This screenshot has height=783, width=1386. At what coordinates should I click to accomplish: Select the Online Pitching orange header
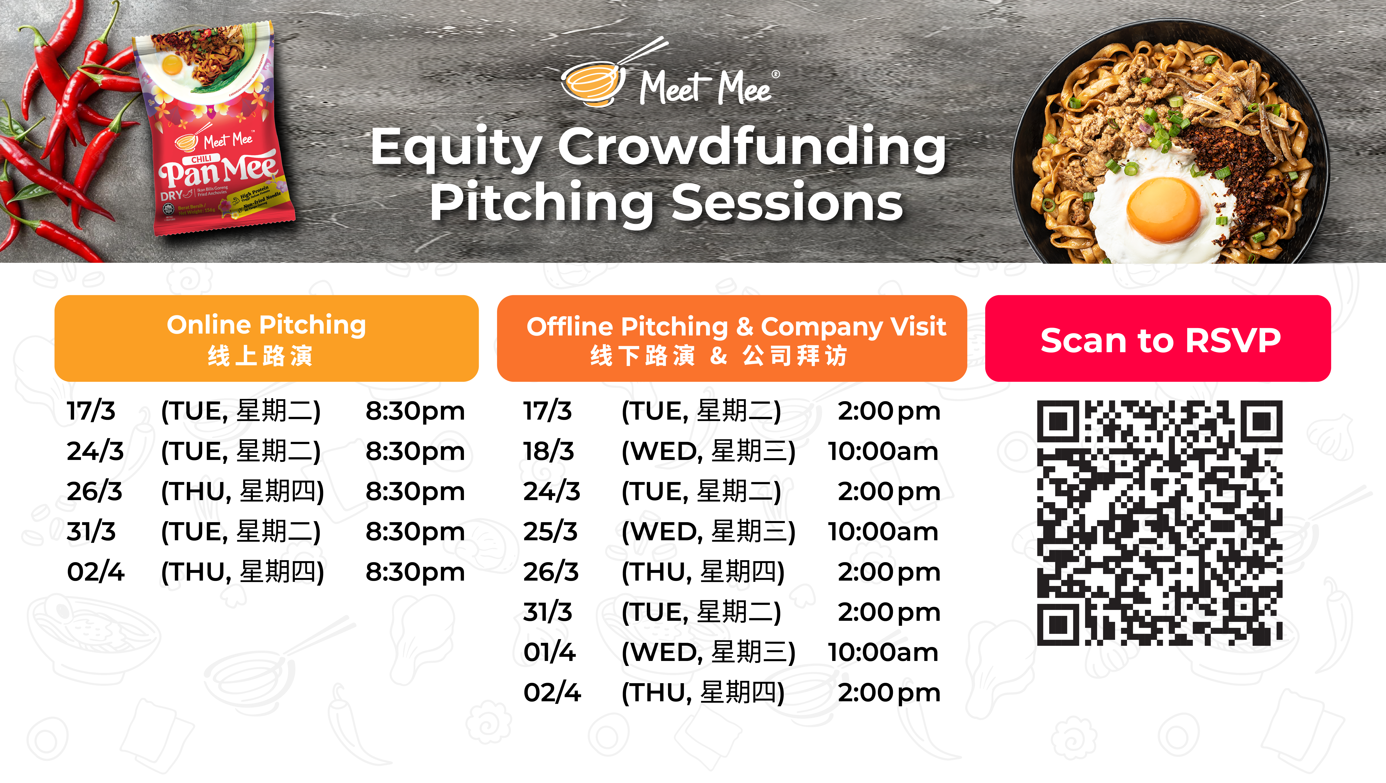(266, 339)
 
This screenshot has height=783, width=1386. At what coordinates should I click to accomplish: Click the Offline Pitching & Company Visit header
(732, 339)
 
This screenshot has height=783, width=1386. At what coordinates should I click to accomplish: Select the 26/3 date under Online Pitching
(95, 491)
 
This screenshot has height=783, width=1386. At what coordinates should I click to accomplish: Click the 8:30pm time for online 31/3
(415, 532)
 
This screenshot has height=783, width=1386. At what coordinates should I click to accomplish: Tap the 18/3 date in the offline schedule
(549, 451)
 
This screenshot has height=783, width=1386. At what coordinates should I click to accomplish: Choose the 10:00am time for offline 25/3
(883, 532)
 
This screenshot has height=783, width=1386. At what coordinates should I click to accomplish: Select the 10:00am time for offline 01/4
(883, 652)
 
